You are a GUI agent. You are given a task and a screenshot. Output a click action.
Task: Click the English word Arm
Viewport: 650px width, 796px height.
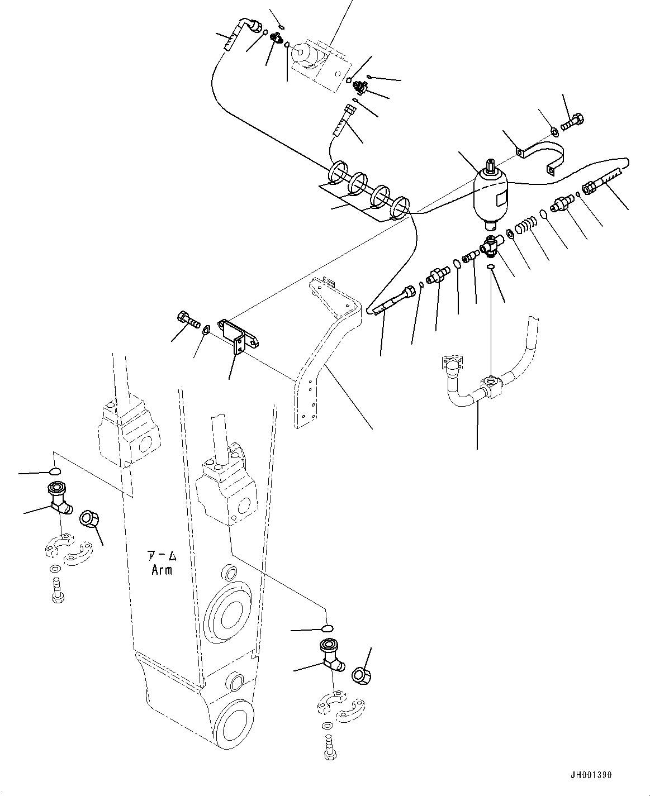pyautogui.click(x=162, y=570)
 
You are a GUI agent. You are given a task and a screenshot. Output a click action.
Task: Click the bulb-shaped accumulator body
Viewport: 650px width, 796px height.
pyautogui.click(x=490, y=197)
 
